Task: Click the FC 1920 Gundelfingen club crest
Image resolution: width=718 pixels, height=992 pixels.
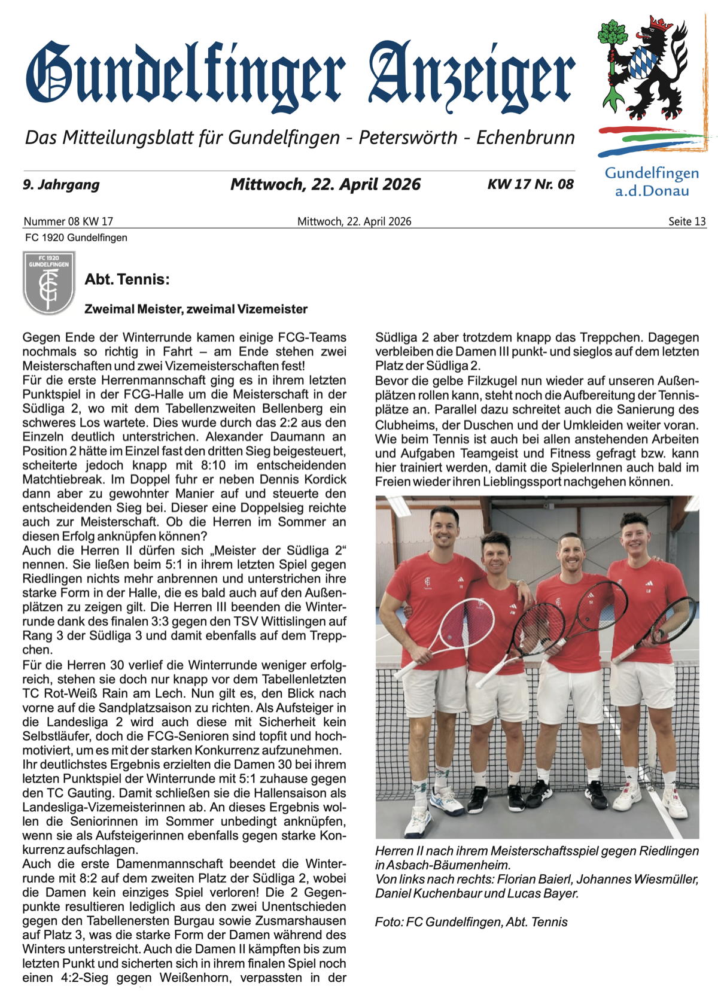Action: coord(49,282)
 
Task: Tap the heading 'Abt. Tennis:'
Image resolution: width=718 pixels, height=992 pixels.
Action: coord(127,279)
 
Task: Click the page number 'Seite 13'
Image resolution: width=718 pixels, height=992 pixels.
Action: coord(687,221)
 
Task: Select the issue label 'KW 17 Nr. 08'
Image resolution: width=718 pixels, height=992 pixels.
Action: coord(530,184)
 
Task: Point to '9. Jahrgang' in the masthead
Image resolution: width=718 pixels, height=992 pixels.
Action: coord(61,184)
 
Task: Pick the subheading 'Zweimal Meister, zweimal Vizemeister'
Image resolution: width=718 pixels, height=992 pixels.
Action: coord(196,309)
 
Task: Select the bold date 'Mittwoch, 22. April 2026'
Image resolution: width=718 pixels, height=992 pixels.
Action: coord(325,184)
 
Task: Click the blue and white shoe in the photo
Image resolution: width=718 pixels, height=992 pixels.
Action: coord(446,800)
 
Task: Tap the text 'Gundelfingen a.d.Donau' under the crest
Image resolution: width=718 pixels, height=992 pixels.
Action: coord(652,182)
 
